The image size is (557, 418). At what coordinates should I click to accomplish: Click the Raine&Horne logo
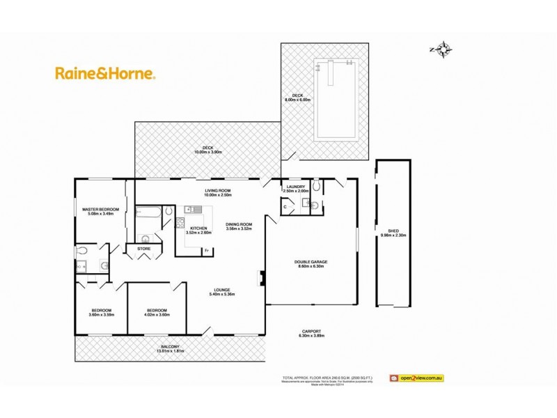click(105, 72)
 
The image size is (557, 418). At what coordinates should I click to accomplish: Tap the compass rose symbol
click(442, 49)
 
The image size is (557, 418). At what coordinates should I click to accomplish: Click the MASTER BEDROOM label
click(101, 212)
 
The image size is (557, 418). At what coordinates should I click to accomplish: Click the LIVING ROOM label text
click(217, 193)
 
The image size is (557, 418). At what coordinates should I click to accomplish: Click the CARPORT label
click(312, 333)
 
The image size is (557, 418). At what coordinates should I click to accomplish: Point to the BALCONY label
click(171, 349)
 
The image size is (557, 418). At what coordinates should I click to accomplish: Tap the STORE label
click(144, 248)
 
